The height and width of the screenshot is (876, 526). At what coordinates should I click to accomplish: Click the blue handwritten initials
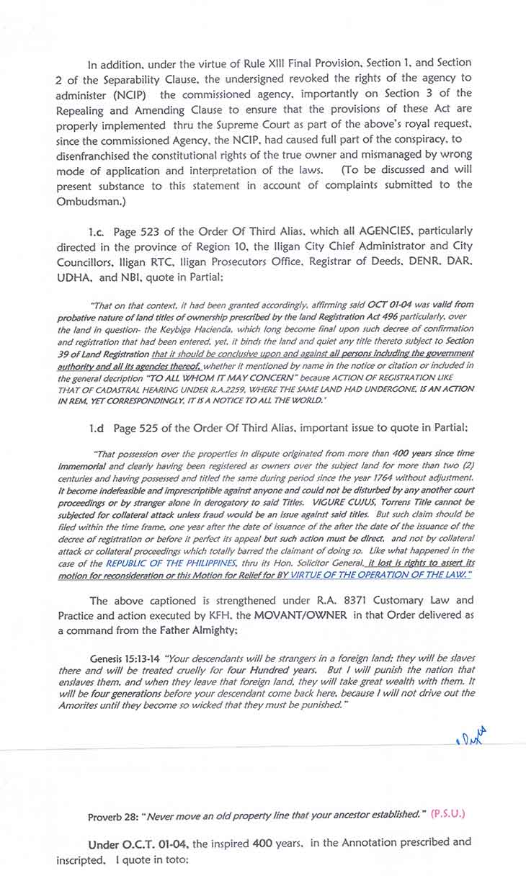471,736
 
